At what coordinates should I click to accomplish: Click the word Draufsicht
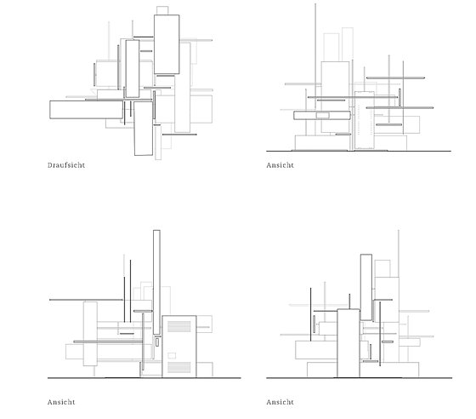click(66, 165)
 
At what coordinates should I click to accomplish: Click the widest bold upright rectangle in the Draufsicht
click(167, 44)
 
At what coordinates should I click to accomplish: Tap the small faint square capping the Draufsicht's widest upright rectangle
click(162, 10)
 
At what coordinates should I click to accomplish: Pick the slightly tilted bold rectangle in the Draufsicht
click(144, 129)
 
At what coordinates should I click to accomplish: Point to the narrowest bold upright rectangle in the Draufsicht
click(133, 69)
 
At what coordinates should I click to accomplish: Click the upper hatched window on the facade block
click(179, 326)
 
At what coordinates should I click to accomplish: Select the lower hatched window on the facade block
click(179, 367)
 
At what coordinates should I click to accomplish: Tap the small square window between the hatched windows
click(172, 355)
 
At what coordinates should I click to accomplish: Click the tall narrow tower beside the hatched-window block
click(156, 282)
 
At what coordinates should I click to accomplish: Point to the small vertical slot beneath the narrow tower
click(157, 342)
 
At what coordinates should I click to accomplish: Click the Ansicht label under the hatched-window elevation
click(61, 402)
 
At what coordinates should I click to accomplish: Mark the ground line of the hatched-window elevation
click(144, 378)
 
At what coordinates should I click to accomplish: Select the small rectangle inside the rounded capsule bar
click(323, 115)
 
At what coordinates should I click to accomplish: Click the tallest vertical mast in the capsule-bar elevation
click(315, 69)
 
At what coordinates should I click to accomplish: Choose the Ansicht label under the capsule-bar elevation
click(280, 165)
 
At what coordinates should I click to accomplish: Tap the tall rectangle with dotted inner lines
click(365, 120)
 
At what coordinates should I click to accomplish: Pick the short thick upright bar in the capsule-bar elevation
click(399, 97)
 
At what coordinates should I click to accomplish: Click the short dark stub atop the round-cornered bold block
click(349, 301)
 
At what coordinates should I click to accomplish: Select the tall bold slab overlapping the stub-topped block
click(366, 287)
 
